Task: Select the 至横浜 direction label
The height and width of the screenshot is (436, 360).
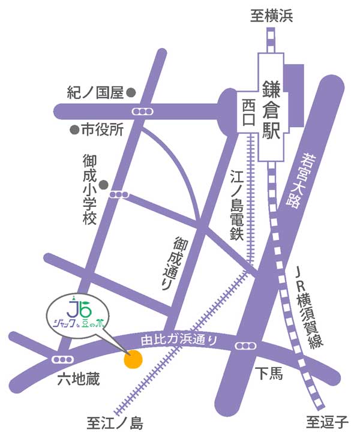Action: pos(271,17)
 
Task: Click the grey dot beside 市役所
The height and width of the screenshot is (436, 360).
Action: pos(74,129)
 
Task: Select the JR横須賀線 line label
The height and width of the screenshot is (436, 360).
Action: pos(312,309)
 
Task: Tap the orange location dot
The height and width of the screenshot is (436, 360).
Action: pos(132,359)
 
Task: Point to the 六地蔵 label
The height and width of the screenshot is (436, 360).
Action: pos(78,380)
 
